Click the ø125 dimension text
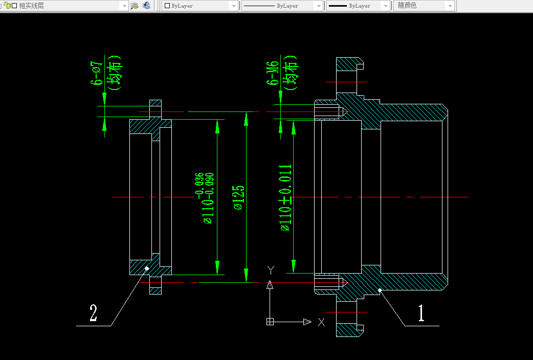239,197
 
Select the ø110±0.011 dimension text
286,197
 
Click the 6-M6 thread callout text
274,72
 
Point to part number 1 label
421,313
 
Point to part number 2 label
93,313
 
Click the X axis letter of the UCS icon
321,322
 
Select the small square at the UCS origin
270,322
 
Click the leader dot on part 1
380,290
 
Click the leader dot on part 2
147,268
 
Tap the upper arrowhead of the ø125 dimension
246,119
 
